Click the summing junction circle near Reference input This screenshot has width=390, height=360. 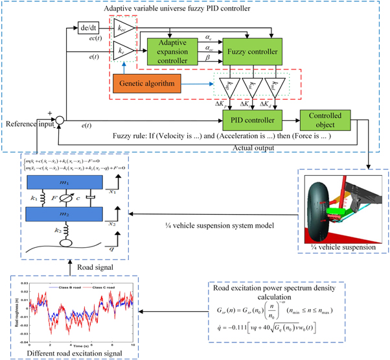coord(59,119)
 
